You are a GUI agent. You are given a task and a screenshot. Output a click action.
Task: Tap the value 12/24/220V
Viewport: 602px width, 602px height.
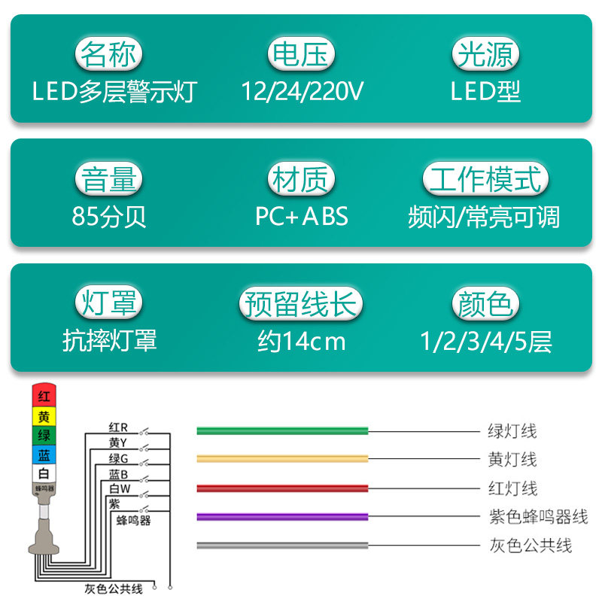click(x=302, y=92)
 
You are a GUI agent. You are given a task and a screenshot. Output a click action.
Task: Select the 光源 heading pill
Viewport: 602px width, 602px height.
click(x=485, y=55)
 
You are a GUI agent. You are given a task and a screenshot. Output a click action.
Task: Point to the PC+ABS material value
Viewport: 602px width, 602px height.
click(x=302, y=217)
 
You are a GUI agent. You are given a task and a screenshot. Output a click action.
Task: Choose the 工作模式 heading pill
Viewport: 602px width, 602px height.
click(x=485, y=181)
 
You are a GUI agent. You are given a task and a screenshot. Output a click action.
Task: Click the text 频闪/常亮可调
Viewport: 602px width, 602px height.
click(x=485, y=217)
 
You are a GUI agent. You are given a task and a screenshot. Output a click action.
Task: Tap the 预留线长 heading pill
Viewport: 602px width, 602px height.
click(x=301, y=304)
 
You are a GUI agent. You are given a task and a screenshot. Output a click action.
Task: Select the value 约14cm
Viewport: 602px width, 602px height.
click(x=301, y=342)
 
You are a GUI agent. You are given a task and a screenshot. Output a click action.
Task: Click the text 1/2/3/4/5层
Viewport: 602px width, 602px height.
click(x=486, y=342)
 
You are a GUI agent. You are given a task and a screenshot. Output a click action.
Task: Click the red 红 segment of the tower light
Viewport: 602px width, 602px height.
click(x=44, y=396)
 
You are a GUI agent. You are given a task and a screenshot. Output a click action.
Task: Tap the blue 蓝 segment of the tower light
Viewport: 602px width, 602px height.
click(x=44, y=455)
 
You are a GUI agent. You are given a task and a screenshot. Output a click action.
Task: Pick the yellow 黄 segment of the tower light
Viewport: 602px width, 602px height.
click(x=44, y=416)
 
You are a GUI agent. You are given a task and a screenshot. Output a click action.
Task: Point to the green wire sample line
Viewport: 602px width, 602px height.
click(x=282, y=431)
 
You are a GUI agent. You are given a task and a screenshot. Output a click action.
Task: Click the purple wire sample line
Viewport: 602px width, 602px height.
click(x=282, y=517)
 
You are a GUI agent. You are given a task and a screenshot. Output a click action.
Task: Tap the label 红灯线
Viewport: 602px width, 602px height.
click(x=512, y=488)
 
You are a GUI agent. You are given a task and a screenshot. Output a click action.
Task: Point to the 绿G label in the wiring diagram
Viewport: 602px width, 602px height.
click(x=119, y=458)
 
